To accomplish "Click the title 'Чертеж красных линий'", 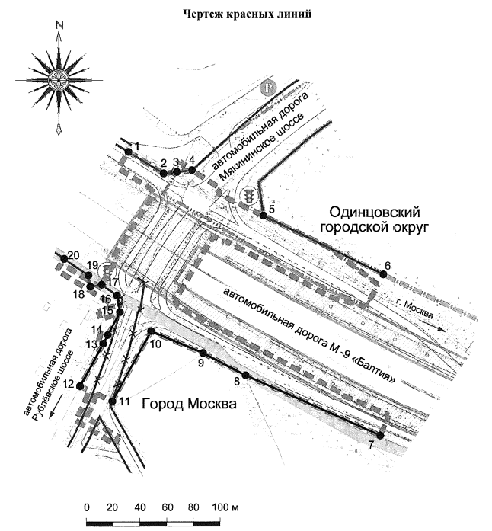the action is coord(248,14).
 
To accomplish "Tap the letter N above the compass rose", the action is coord(60,25).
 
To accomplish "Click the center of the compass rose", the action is coord(59,80).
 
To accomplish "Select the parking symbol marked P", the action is coord(268,88).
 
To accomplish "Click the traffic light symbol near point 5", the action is coord(249,196).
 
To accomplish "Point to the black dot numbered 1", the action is coord(129,152).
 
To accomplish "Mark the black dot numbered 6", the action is coord(383,274).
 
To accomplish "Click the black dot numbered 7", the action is coord(380,435).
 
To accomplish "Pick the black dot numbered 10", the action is coord(152,331).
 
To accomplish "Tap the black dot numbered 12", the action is coord(80,385).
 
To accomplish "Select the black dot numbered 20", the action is coord(64,259).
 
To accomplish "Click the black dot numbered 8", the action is coord(246,376).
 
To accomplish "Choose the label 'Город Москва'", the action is coord(189,404).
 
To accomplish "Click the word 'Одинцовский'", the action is coord(375,213).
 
